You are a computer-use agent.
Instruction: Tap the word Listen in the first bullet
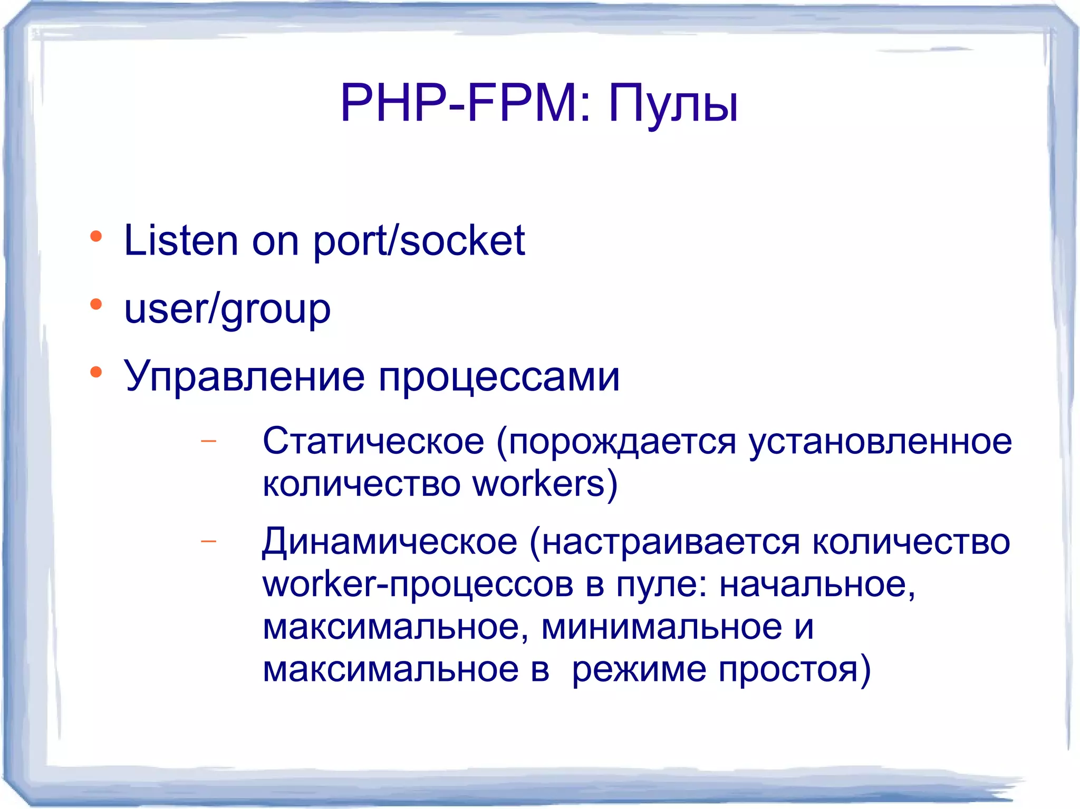[x=181, y=241]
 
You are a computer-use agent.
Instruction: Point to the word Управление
[x=244, y=378]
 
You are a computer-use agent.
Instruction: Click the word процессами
[x=499, y=378]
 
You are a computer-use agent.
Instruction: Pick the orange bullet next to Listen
[x=95, y=237]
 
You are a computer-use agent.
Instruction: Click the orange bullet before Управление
[x=95, y=372]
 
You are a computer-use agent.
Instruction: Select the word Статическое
[x=373, y=442]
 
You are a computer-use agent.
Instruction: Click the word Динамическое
[x=390, y=542]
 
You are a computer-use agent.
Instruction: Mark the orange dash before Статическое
[x=209, y=441]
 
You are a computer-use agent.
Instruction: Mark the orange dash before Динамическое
[x=209, y=541]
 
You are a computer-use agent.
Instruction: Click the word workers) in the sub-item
[x=545, y=484]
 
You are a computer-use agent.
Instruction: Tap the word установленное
[x=880, y=442]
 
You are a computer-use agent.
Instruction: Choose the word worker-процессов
[x=418, y=584]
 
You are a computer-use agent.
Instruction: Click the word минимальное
[x=662, y=627]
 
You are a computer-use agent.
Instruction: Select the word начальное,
[x=817, y=584]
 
